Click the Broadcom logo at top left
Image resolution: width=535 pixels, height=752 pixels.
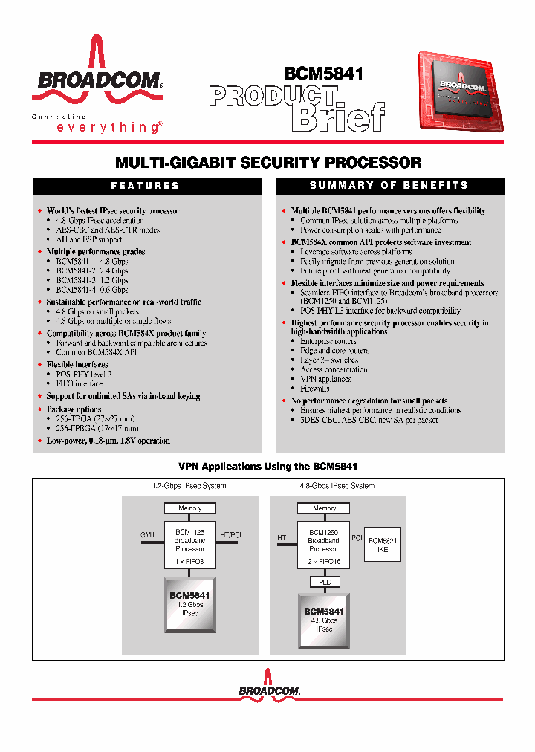(x=97, y=82)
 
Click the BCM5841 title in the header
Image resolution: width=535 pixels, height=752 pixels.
(x=323, y=74)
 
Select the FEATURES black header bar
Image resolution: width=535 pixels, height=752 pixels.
(x=146, y=186)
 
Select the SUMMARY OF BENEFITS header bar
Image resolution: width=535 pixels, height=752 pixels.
(x=389, y=185)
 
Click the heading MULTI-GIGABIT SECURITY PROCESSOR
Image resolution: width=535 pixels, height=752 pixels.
(x=268, y=162)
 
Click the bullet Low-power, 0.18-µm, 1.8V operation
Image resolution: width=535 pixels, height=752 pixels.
(x=108, y=441)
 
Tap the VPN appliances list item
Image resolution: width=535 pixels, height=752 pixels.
(x=325, y=379)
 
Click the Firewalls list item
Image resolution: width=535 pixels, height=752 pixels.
(x=315, y=389)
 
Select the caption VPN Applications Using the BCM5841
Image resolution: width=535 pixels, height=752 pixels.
(x=268, y=466)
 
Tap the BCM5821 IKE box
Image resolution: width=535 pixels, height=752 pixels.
(x=383, y=545)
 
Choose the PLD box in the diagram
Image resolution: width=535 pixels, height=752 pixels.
(x=325, y=582)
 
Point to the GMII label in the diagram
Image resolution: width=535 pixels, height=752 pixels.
(x=148, y=534)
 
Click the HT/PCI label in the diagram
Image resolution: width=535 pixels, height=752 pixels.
(x=231, y=534)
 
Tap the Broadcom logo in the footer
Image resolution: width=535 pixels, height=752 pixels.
(x=269, y=690)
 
